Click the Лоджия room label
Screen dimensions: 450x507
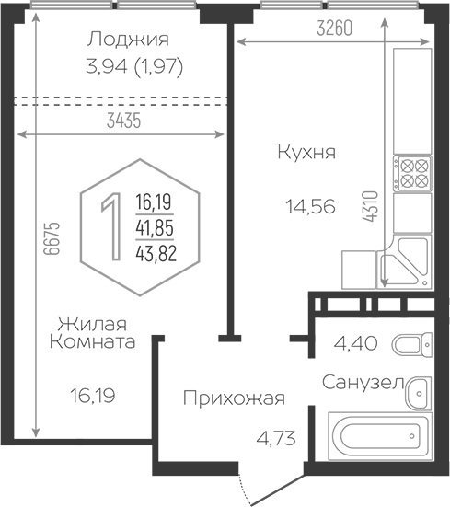click(x=128, y=40)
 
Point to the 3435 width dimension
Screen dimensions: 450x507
click(x=124, y=121)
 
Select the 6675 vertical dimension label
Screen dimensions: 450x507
click(x=52, y=238)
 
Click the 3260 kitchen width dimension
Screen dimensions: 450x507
click(x=334, y=28)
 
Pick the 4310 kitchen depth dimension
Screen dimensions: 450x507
click(x=370, y=206)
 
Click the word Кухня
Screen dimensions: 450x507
click(x=306, y=153)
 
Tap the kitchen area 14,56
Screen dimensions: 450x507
click(x=310, y=207)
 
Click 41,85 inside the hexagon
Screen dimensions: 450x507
click(x=155, y=227)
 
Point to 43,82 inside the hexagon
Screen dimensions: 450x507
click(x=156, y=253)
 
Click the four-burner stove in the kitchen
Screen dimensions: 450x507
click(x=412, y=173)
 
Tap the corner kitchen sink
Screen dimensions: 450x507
click(x=404, y=261)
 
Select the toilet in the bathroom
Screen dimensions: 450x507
click(x=412, y=345)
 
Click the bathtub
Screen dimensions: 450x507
click(x=380, y=436)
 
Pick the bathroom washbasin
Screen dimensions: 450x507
click(x=419, y=394)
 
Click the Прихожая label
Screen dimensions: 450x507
click(x=234, y=398)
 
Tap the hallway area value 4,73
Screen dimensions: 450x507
click(x=276, y=439)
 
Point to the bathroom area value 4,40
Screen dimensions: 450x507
click(x=355, y=343)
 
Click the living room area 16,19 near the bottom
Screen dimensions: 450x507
click(x=93, y=395)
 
